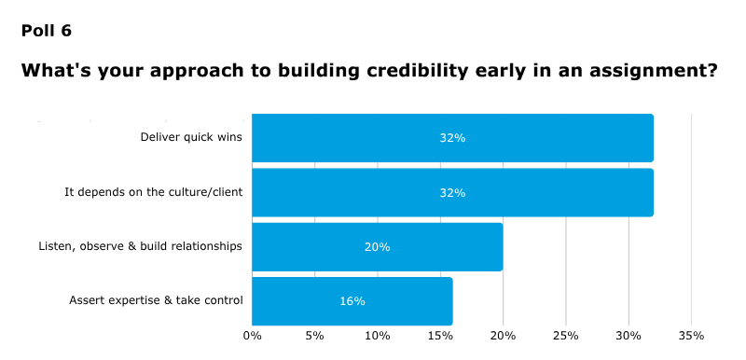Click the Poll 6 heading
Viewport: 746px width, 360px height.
coord(46,31)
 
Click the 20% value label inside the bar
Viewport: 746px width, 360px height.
coord(377,247)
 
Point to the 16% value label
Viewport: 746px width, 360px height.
coord(352,301)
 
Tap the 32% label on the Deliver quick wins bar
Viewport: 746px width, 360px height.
coord(452,138)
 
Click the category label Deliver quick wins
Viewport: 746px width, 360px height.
coord(191,138)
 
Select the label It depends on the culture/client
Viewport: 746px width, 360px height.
coord(153,192)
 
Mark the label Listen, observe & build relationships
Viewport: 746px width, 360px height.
coord(140,247)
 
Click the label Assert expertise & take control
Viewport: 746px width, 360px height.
coord(156,301)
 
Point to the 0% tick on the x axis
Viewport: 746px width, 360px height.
coord(252,335)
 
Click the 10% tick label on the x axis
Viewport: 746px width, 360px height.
coord(377,335)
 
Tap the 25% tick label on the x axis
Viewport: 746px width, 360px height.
coord(565,335)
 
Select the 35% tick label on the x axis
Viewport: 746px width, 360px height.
coord(691,335)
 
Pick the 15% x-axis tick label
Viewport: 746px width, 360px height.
coord(440,335)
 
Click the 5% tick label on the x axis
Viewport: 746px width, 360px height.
coord(314,335)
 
